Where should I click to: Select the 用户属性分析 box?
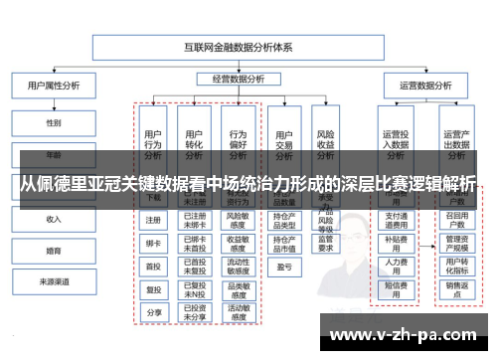(54, 86)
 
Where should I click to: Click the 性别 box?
(54, 123)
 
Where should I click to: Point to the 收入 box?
(54, 219)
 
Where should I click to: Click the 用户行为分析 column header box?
(153, 138)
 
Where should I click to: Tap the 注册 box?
(153, 221)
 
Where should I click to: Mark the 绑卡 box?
(153, 244)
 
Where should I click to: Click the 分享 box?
(153, 311)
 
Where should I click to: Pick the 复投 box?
(153, 289)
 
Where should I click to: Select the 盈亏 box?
(283, 267)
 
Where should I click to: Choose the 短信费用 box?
(396, 288)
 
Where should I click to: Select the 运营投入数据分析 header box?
(396, 138)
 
